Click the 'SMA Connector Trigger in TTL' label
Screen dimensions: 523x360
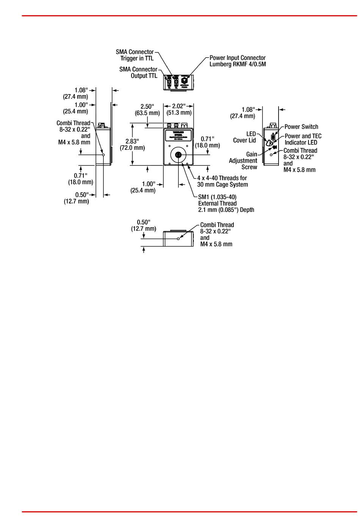(x=135, y=55)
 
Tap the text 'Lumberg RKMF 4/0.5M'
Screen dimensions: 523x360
(x=238, y=64)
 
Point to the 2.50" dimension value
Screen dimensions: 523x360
(x=147, y=107)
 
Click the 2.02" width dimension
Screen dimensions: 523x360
(x=179, y=106)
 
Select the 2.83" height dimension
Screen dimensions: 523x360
(x=132, y=141)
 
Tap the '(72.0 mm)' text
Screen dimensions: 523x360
(x=132, y=148)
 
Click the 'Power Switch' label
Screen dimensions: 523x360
(x=301, y=127)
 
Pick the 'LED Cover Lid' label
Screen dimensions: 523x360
(x=245, y=137)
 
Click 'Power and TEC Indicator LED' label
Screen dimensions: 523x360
(x=302, y=139)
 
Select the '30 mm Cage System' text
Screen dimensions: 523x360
(x=222, y=185)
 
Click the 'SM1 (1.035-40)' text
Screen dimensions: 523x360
(x=217, y=197)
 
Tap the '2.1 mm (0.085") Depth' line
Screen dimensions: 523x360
(x=226, y=210)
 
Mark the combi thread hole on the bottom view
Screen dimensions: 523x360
(x=178, y=239)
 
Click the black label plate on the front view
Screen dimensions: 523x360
(x=178, y=136)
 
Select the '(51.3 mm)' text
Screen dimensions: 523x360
(x=179, y=113)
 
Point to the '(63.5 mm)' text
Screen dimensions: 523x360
(x=147, y=113)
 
